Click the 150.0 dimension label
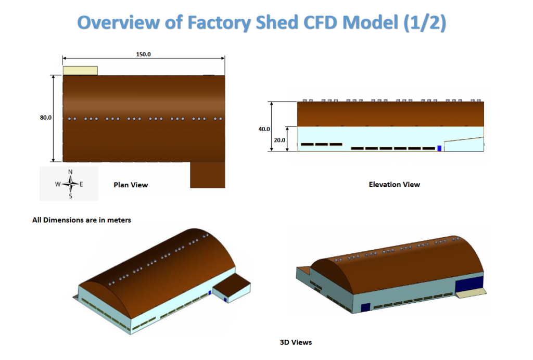pyautogui.click(x=143, y=54)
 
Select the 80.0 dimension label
pyautogui.click(x=46, y=118)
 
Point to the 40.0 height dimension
pyautogui.click(x=264, y=128)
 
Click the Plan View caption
pyautogui.click(x=131, y=185)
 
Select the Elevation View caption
pyautogui.click(x=394, y=184)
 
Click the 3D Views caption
pyautogui.click(x=296, y=342)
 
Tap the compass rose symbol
pyautogui.click(x=70, y=184)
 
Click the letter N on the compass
pyautogui.click(x=70, y=172)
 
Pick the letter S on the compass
pyautogui.click(x=70, y=196)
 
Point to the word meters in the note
pyautogui.click(x=118, y=220)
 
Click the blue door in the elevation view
pyautogui.click(x=439, y=148)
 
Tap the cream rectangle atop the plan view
pyautogui.click(x=80, y=70)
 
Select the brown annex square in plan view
pyautogui.click(x=207, y=174)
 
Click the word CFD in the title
pyautogui.click(x=315, y=23)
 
